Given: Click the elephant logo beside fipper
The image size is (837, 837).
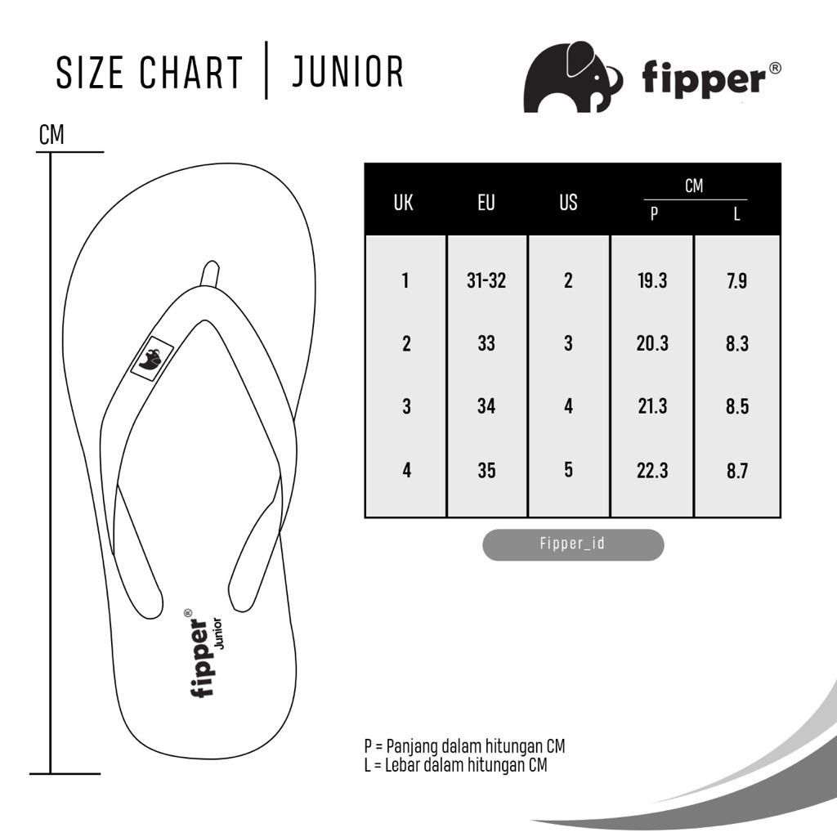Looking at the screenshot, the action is tap(571, 78).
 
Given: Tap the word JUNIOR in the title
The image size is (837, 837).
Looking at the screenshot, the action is tap(347, 72).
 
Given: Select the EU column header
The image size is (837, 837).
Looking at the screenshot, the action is tap(486, 203).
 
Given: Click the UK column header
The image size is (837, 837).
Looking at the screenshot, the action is tap(404, 203).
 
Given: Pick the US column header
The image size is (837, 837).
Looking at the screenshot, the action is tap(569, 203).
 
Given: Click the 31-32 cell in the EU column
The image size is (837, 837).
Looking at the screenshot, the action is tap(486, 280).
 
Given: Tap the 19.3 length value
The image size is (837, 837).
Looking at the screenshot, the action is tap(652, 280).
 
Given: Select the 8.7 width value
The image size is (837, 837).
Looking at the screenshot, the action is tap(737, 471).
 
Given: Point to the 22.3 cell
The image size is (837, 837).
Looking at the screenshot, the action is tap(652, 471).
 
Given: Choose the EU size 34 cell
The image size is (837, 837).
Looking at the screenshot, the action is tap(486, 406).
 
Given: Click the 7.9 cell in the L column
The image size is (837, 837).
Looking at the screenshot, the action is tap(737, 281).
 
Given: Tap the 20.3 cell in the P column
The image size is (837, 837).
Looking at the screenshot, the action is tap(652, 343).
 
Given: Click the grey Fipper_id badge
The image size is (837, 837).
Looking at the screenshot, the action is tap(573, 544).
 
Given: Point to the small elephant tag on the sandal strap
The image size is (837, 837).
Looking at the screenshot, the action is tap(152, 359).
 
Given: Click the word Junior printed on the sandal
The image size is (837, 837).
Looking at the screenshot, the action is tap(217, 633).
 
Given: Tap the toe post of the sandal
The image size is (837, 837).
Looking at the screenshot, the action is tap(210, 274).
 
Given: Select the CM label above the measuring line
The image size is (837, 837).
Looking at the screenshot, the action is tap(51, 135).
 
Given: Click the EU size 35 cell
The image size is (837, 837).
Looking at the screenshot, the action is tap(486, 471).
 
